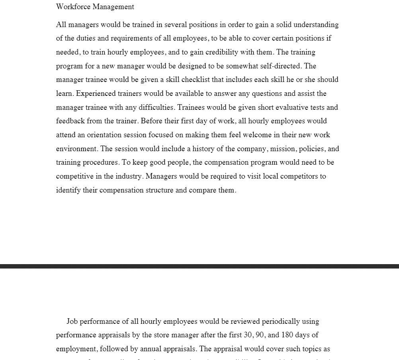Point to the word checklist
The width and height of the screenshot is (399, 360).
point(196,80)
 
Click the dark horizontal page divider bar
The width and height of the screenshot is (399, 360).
point(199,266)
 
